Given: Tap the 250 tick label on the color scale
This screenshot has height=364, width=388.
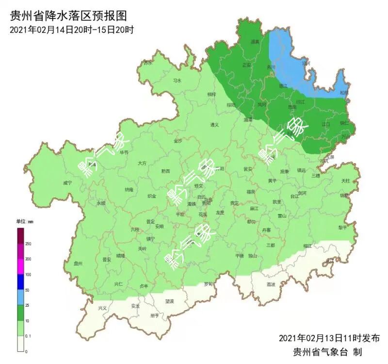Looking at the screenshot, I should (28, 244).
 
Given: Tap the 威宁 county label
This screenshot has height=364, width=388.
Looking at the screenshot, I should (67, 183).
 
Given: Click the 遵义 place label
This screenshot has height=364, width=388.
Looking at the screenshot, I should (214, 125).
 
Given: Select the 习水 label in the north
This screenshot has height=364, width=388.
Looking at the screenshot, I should (178, 81).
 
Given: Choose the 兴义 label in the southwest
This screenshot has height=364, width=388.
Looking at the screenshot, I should (102, 308).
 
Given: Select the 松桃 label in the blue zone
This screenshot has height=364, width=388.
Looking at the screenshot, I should (344, 92).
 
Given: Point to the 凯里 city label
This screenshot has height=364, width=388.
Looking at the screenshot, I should (276, 201).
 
